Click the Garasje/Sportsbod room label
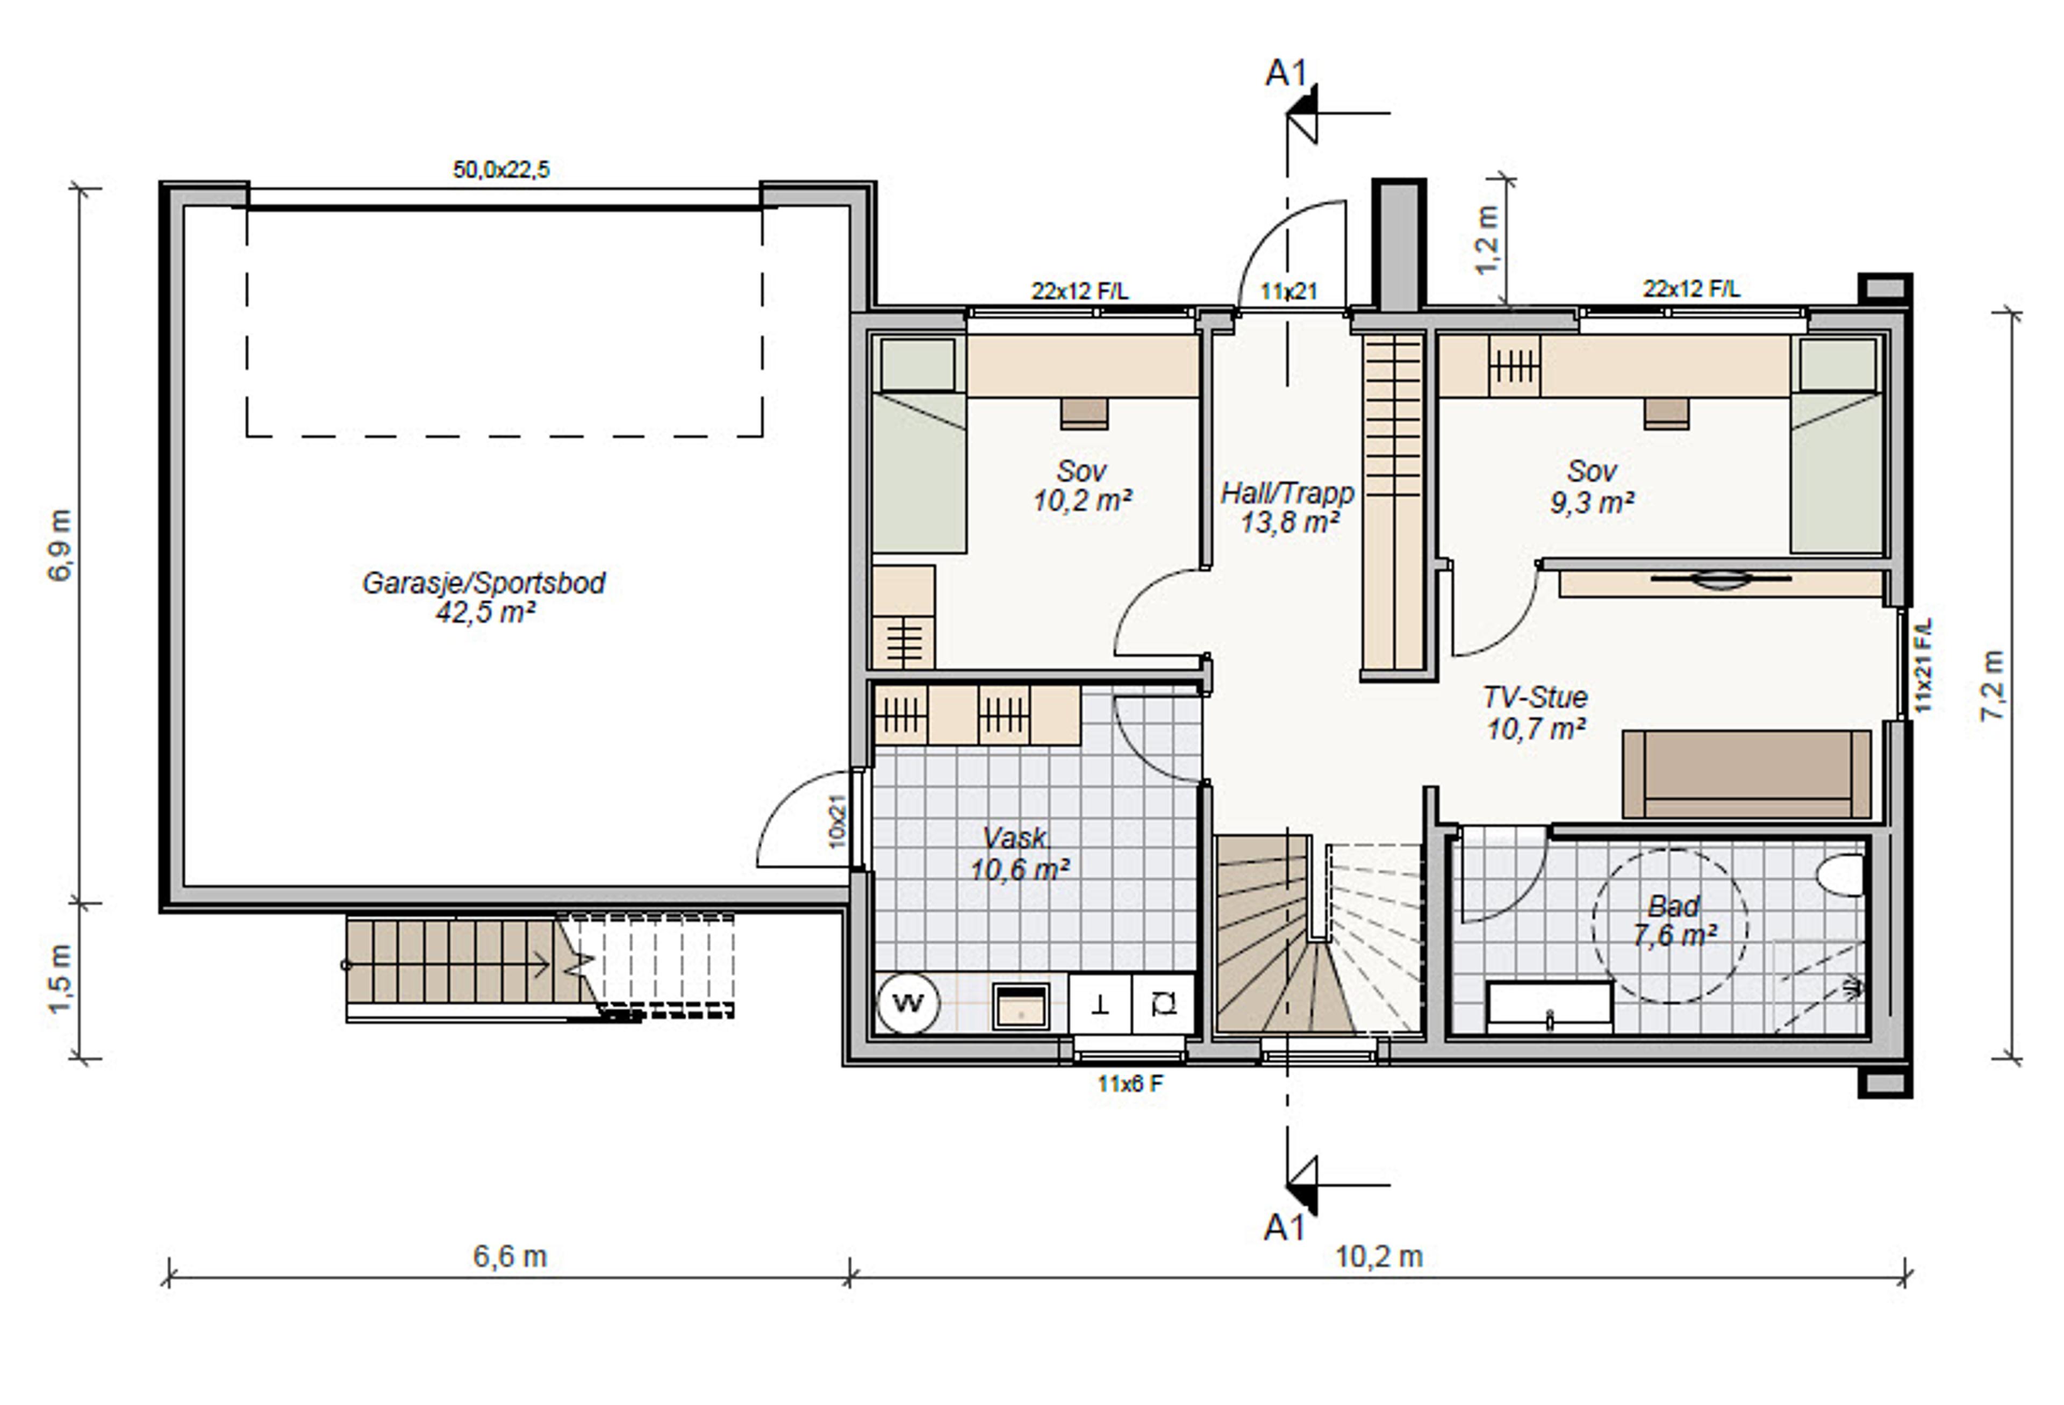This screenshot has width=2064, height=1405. coord(484,597)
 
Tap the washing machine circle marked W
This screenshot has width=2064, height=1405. coord(908,1003)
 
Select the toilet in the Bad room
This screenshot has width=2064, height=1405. coord(1841,875)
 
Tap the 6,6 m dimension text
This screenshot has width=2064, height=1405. coord(510,1256)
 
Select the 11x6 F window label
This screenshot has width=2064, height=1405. coord(1130,1084)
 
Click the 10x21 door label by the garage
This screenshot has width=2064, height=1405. coord(836,821)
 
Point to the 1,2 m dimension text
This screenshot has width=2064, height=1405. coord(1487,240)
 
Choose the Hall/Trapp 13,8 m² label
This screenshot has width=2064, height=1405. coord(1288,507)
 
